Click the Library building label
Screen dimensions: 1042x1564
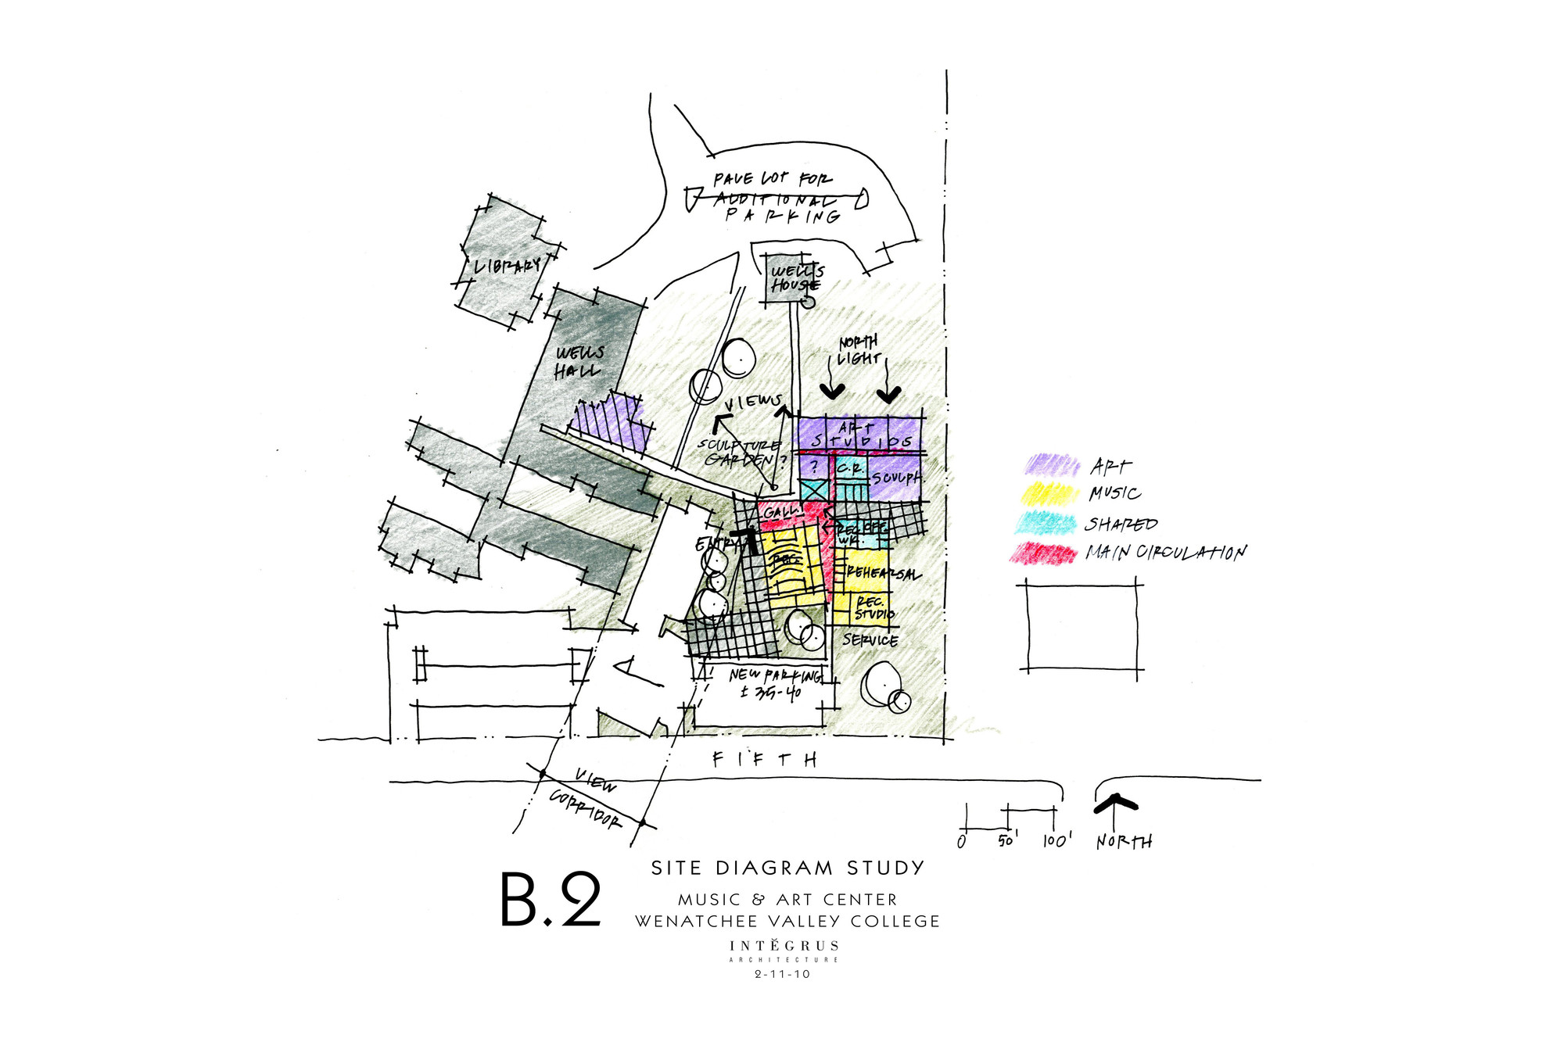click(507, 266)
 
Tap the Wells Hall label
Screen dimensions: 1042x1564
click(579, 362)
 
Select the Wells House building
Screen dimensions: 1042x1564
click(792, 278)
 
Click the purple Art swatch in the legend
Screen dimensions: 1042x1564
click(1052, 466)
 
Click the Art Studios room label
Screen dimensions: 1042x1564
click(860, 435)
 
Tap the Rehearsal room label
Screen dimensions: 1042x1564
click(882, 573)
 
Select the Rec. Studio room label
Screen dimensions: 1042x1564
click(873, 608)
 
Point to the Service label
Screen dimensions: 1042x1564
click(870, 640)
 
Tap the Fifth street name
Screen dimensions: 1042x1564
click(765, 759)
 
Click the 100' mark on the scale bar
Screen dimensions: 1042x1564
click(1056, 840)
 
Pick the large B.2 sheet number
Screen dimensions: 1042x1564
click(551, 900)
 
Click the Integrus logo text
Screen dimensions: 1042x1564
click(784, 946)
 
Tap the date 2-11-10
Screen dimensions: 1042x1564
click(782, 974)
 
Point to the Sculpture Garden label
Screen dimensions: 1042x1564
click(739, 452)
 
